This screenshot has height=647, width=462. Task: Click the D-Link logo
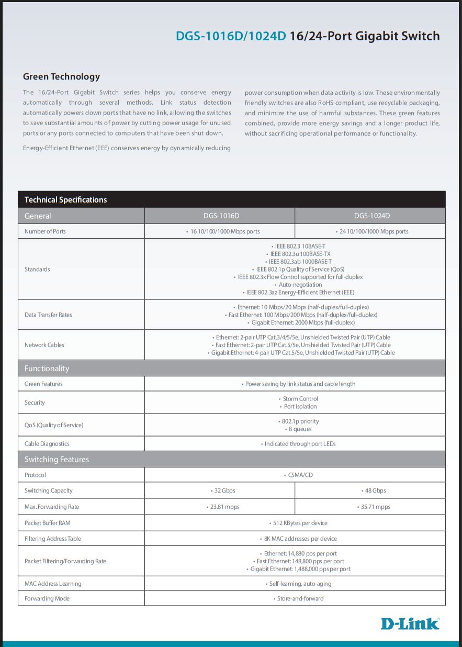click(410, 623)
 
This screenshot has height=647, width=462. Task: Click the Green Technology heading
click(61, 76)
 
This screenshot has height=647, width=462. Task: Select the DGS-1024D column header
click(371, 216)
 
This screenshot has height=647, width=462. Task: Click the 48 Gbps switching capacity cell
click(373, 490)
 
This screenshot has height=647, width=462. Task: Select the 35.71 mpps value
click(374, 507)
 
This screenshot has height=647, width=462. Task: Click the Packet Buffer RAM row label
click(47, 523)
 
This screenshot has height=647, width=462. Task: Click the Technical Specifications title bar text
click(65, 199)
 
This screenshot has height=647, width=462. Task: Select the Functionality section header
click(47, 369)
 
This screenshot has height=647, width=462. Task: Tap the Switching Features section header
click(57, 460)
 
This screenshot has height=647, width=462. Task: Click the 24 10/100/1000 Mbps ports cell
click(373, 231)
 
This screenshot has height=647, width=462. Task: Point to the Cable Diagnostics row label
click(47, 444)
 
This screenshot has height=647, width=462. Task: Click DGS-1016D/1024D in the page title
click(231, 36)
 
